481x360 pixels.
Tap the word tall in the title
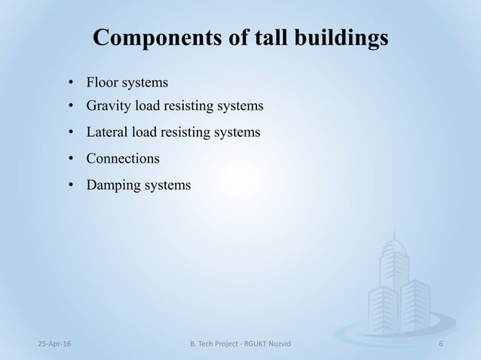click(254, 38)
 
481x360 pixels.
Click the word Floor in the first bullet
click(102, 81)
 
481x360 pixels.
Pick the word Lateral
click(107, 133)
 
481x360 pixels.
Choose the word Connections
click(123, 158)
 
